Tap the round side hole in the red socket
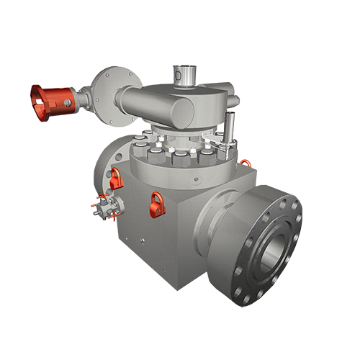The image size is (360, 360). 67,103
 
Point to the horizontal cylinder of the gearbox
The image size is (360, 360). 155,104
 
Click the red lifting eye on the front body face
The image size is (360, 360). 156,204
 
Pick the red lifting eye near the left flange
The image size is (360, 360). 116,178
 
